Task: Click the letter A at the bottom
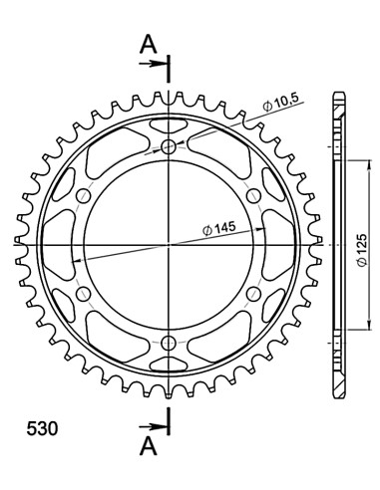[x=148, y=447]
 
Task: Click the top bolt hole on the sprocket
[x=169, y=148]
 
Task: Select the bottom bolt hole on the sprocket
[x=169, y=342]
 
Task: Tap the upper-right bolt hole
[x=252, y=196]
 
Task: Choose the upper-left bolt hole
[x=85, y=196]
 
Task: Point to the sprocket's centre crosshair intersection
[x=169, y=244]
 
